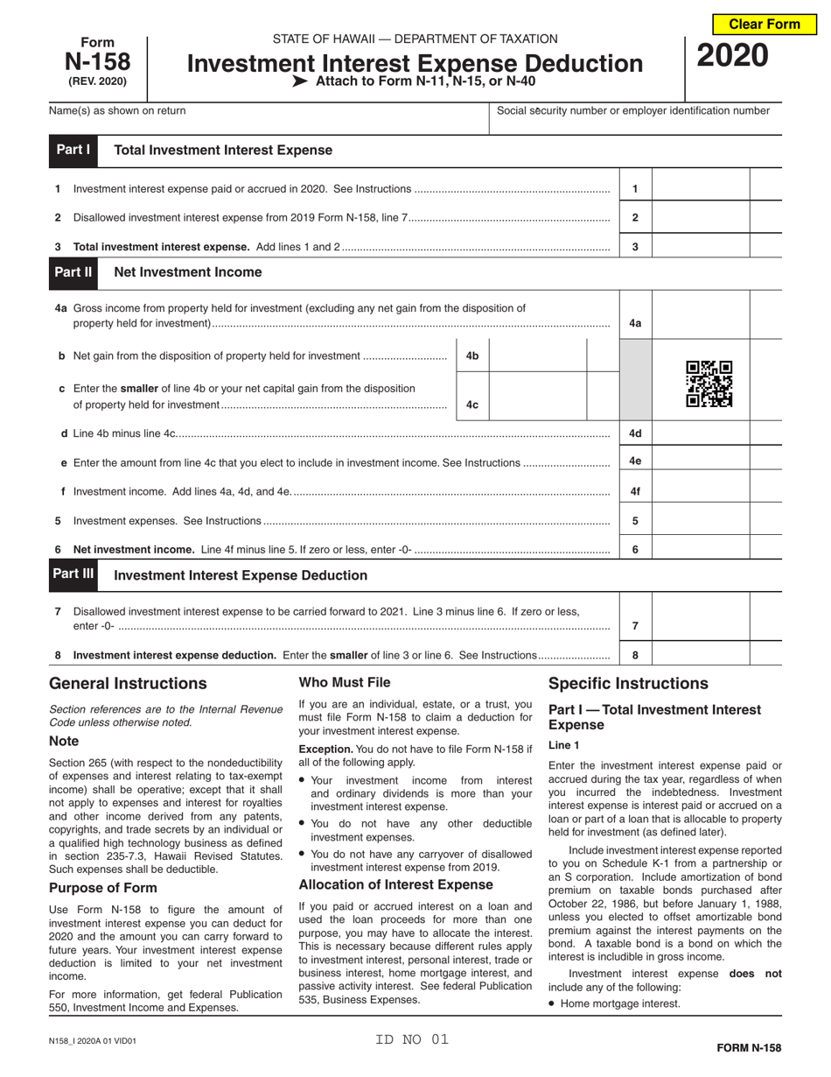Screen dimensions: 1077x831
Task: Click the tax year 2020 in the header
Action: pyautogui.click(x=732, y=56)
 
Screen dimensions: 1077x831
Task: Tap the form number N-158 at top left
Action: pyautogui.click(x=97, y=62)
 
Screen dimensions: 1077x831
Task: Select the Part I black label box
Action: pyautogui.click(x=73, y=150)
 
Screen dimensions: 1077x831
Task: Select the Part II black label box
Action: pyautogui.click(x=73, y=272)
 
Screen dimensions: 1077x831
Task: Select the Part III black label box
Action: pyautogui.click(x=73, y=574)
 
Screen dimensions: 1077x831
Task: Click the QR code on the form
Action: pyautogui.click(x=709, y=384)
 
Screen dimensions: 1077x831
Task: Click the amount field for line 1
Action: pyautogui.click(x=701, y=188)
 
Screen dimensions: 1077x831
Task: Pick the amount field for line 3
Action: pyautogui.click(x=701, y=247)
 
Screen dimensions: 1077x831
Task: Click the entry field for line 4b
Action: pyautogui.click(x=536, y=356)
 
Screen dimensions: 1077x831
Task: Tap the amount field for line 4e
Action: pyautogui.click(x=701, y=461)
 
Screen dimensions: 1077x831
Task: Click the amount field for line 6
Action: pyautogui.click(x=701, y=550)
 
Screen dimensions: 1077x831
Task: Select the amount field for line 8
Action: pyautogui.click(x=701, y=654)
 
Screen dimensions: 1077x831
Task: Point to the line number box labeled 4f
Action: pyautogui.click(x=635, y=492)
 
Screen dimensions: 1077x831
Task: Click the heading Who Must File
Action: pyautogui.click(x=345, y=682)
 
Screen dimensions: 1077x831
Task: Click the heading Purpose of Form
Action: pyautogui.click(x=103, y=888)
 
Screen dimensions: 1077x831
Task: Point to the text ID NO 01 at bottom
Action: pyautogui.click(x=412, y=1039)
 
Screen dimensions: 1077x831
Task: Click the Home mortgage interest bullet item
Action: pyautogui.click(x=619, y=1003)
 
